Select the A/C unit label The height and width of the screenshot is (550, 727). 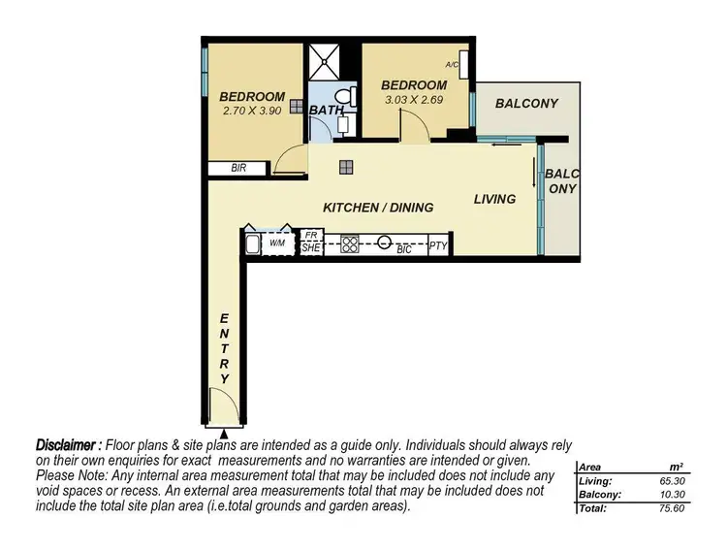click(452, 65)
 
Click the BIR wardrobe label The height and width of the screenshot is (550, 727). click(238, 168)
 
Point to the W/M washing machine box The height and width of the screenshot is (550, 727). click(277, 243)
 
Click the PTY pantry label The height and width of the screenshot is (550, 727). click(438, 246)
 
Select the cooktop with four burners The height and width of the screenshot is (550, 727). click(347, 243)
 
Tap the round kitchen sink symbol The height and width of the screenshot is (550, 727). click(385, 243)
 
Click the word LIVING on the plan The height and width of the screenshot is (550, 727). click(494, 199)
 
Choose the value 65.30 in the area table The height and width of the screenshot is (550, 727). click(658, 480)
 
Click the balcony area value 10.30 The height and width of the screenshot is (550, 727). click(658, 494)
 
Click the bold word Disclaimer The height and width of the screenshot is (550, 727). click(69, 442)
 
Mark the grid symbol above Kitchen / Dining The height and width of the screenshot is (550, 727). click(346, 168)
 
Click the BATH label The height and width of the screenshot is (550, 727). click(327, 111)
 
